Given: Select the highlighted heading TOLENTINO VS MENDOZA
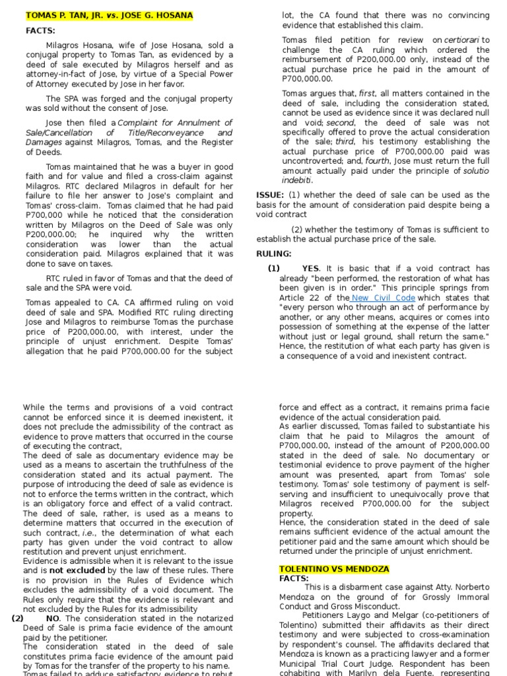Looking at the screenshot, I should [334, 569].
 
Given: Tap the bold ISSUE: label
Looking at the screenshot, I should [270, 195].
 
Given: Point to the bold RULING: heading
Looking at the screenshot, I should [274, 253].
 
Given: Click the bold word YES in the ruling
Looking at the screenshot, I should [310, 269].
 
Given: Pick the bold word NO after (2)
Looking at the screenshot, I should [54, 619].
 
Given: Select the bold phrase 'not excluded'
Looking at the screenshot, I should [77, 570].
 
